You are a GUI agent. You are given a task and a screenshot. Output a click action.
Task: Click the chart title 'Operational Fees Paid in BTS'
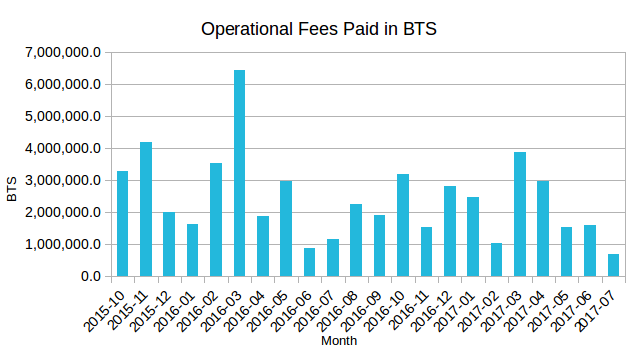[x=319, y=29]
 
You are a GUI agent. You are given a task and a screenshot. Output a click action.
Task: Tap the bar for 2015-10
[x=123, y=223]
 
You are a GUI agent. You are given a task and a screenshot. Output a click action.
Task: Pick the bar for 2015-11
[x=146, y=209]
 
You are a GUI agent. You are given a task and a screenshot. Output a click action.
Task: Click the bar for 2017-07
[x=614, y=265]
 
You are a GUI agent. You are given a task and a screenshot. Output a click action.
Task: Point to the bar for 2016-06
[x=310, y=262]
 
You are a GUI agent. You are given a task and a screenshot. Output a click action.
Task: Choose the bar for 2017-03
[x=520, y=214]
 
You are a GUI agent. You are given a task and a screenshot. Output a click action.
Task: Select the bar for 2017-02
[x=497, y=259]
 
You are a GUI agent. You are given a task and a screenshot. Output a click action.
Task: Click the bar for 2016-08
[x=356, y=240]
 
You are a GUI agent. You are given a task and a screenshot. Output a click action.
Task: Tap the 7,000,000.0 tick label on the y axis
[x=65, y=52]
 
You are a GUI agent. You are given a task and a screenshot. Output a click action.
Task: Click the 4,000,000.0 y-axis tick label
[x=65, y=148]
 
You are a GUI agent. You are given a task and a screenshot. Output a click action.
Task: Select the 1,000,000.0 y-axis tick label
[x=65, y=244]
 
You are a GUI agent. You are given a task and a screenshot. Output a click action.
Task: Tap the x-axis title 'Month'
[x=340, y=341]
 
